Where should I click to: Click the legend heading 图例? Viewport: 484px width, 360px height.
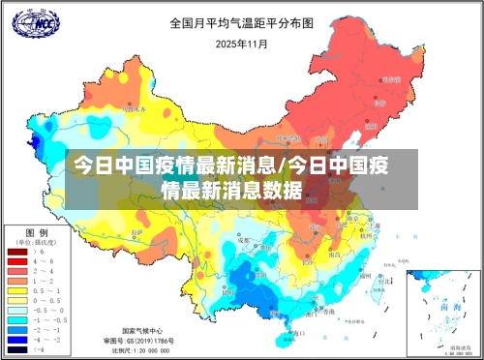(37, 232)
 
